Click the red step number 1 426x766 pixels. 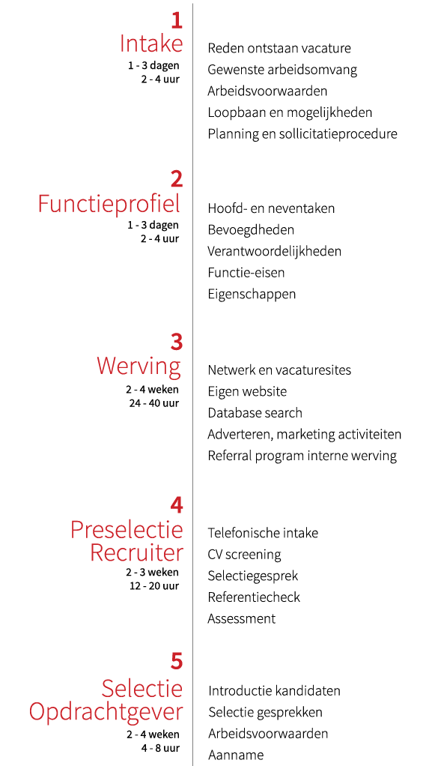click(177, 22)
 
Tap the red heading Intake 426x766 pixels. click(151, 44)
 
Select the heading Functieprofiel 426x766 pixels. click(109, 204)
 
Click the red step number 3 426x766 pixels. click(177, 342)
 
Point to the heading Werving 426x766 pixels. click(139, 367)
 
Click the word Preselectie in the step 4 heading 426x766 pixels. click(127, 530)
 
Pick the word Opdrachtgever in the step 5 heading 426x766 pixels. click(106, 712)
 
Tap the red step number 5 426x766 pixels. click(177, 662)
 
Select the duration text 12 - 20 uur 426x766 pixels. click(154, 585)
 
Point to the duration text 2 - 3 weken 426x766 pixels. click(152, 572)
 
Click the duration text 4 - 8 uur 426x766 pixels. click(161, 748)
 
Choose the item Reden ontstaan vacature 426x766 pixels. click(279, 48)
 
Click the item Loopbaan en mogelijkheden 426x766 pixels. click(290, 113)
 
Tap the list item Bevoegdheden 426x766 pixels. click(251, 230)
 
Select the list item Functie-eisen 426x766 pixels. click(246, 273)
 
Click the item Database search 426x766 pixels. click(255, 413)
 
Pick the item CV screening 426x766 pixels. click(245, 555)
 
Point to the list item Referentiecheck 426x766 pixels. click(254, 597)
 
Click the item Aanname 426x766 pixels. click(236, 755)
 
